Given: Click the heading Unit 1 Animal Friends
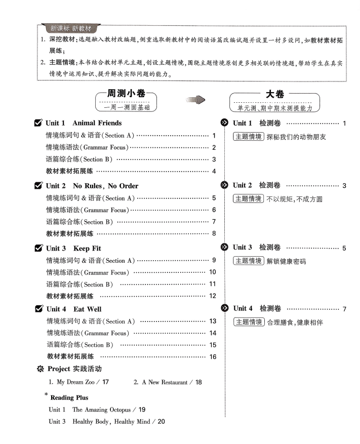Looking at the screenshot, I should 84,123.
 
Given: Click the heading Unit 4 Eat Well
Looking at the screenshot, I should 74,309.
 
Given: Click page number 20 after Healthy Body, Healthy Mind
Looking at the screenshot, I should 161,421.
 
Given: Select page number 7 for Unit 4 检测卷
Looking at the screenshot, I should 344,309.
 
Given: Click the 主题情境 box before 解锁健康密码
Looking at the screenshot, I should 248,261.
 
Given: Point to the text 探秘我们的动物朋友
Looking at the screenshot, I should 296,137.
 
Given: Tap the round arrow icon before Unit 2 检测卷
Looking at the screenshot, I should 224,186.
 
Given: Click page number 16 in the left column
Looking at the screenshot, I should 213,357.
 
